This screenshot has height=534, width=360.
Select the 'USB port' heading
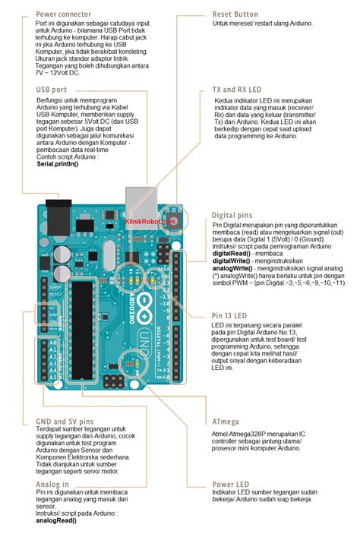click(x=52, y=90)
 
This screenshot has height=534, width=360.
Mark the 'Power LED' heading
click(x=232, y=484)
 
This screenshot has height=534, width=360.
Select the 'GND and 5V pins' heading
click(x=65, y=420)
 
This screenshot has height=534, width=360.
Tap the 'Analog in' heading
click(x=52, y=484)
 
